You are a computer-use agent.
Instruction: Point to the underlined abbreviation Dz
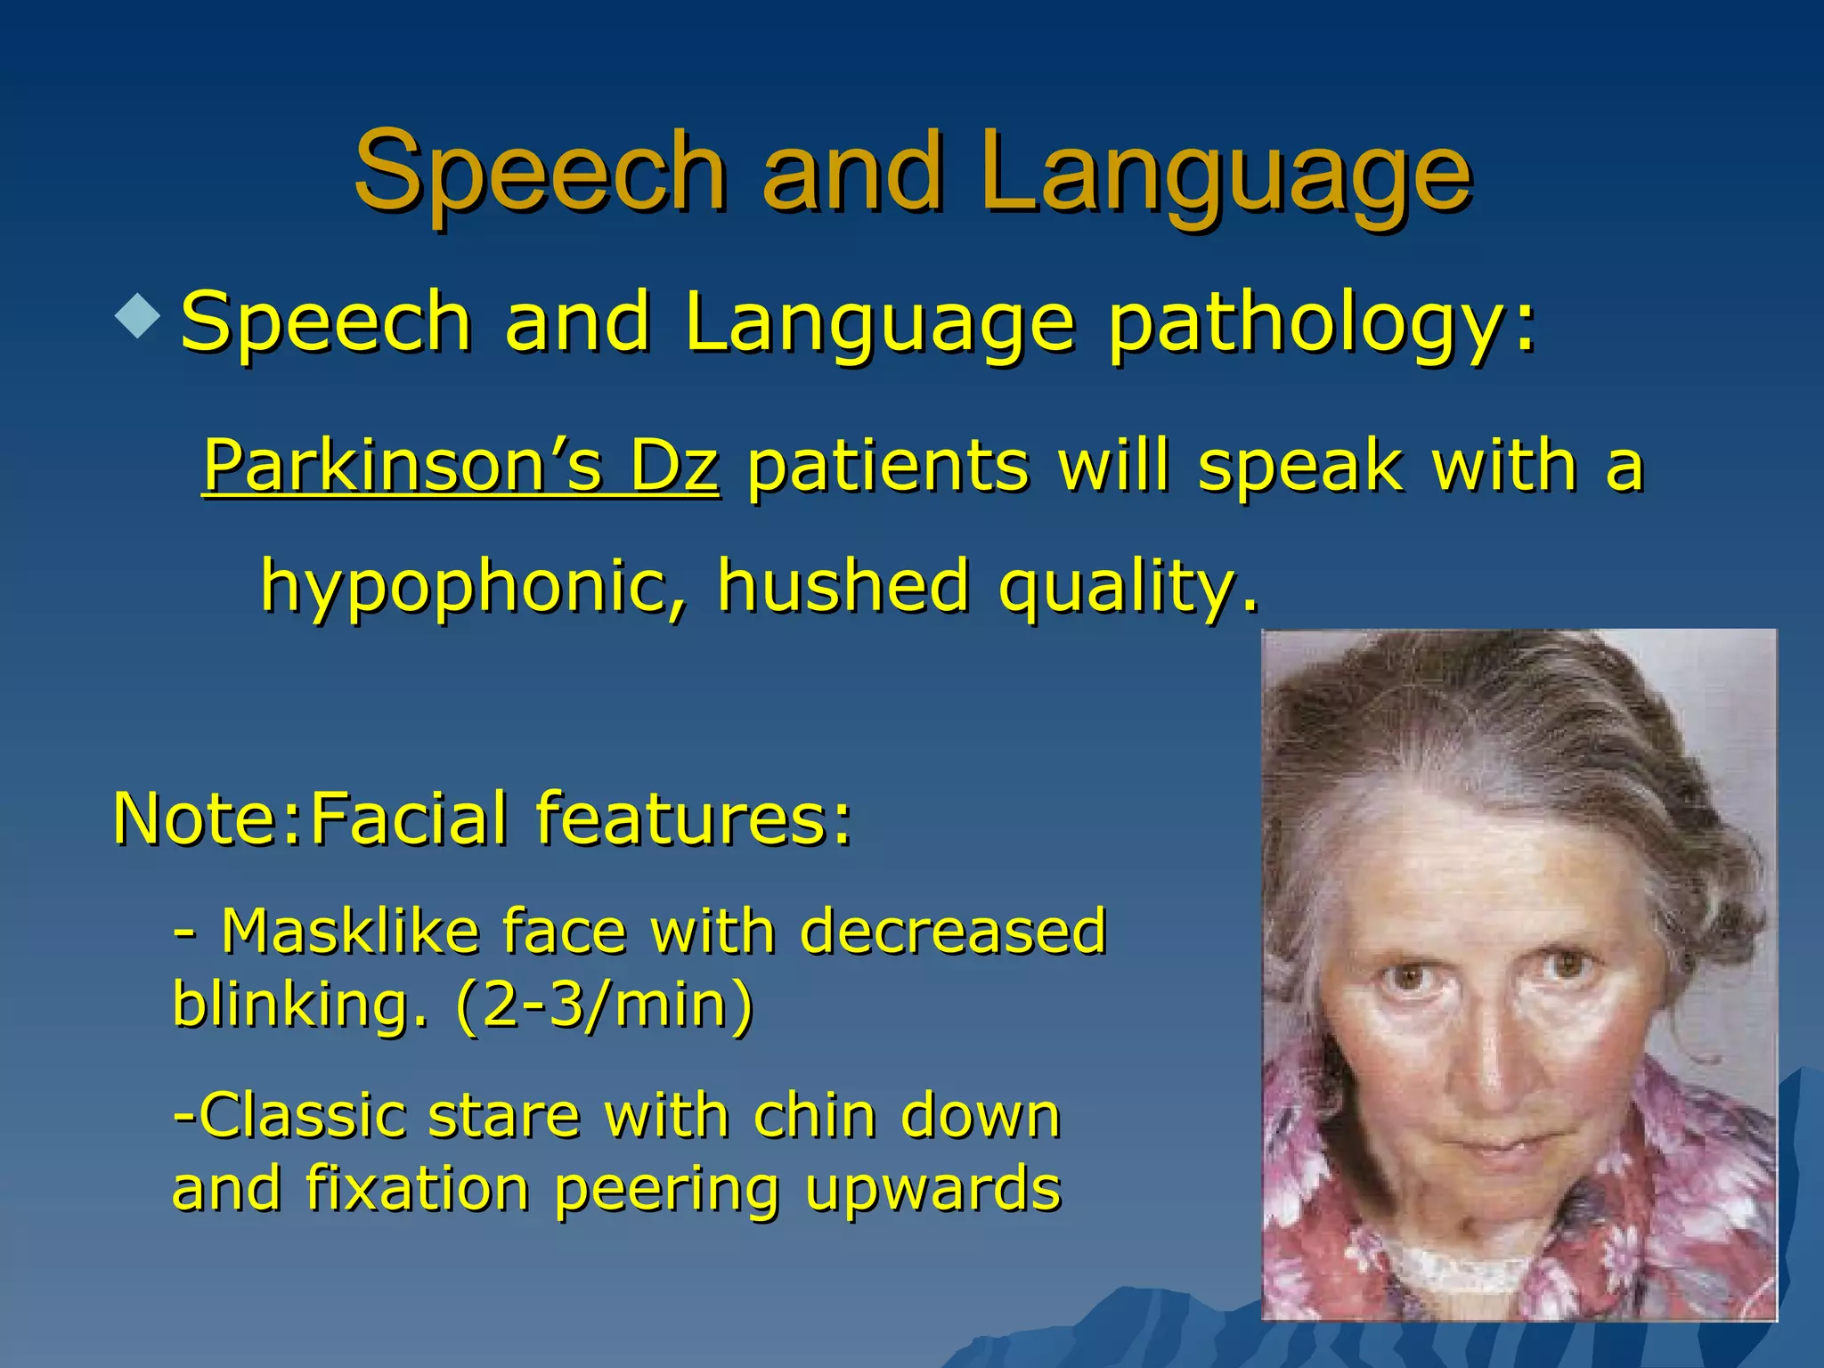pyautogui.click(x=673, y=466)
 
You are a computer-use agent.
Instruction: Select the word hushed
pyautogui.click(x=842, y=586)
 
